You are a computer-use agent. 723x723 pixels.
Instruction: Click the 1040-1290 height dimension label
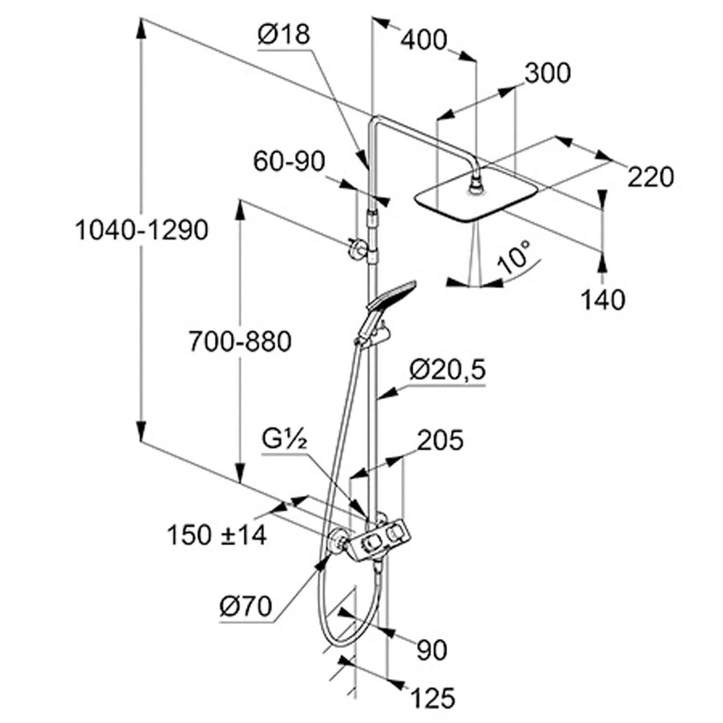142,230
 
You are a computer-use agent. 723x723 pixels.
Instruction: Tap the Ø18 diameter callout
283,35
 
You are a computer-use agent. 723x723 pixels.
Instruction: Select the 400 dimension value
424,40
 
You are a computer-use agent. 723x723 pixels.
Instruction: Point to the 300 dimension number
547,74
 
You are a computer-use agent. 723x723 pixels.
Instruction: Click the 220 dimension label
650,177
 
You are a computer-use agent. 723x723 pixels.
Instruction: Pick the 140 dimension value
602,300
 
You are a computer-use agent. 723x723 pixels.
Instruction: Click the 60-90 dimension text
289,161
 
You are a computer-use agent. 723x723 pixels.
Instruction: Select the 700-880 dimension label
240,342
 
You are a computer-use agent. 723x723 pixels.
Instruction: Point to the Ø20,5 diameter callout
447,370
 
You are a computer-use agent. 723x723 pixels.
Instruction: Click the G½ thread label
284,439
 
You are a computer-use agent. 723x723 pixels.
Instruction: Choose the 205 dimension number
440,441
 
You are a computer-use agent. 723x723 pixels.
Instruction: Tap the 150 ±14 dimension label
216,535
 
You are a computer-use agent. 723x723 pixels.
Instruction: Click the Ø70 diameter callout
246,606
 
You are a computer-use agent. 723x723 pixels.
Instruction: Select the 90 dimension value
432,650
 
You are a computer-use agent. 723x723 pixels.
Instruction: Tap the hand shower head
391,295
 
